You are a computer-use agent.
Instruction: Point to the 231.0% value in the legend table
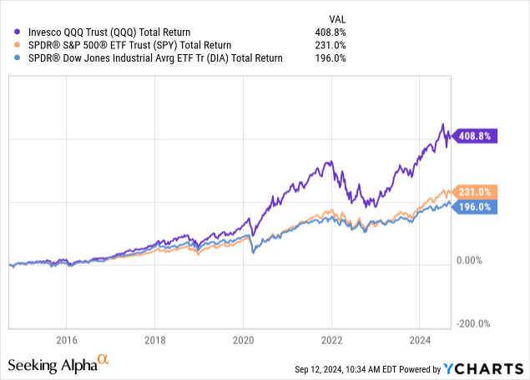pyautogui.click(x=330, y=46)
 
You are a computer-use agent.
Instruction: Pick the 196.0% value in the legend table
pyautogui.click(x=330, y=58)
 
